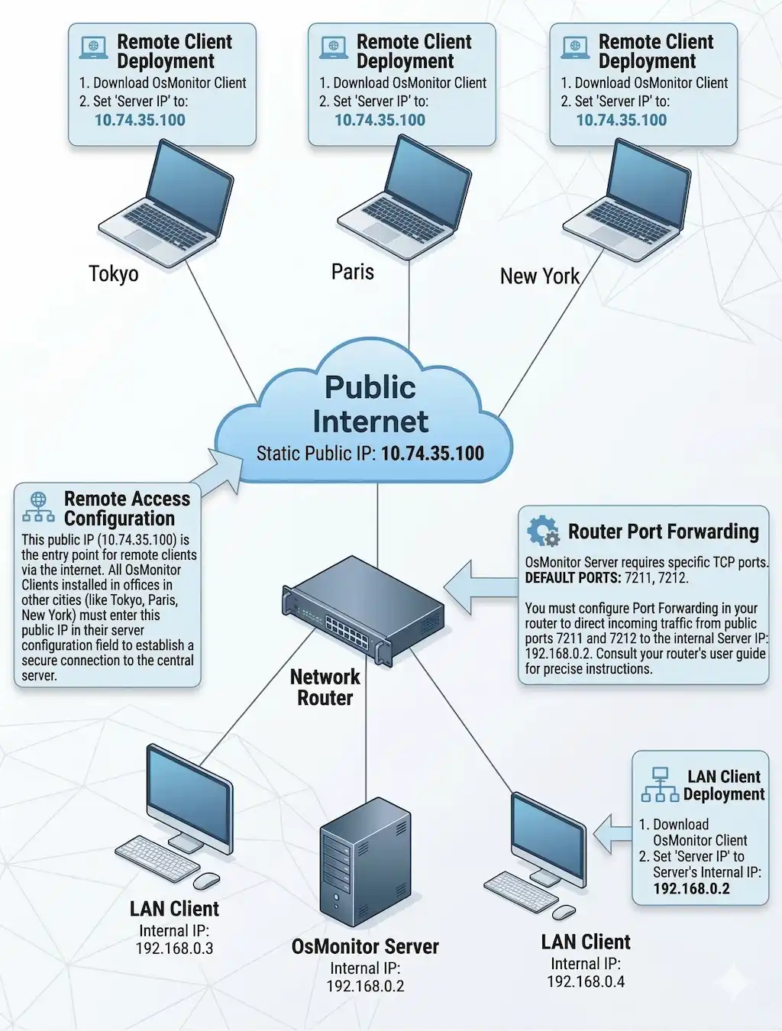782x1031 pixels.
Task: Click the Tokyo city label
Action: coord(114,273)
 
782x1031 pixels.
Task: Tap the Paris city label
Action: coord(353,272)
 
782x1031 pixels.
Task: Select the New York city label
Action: coord(539,276)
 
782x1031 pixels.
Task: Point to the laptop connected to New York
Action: coord(631,199)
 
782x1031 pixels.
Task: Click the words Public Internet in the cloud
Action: coord(370,404)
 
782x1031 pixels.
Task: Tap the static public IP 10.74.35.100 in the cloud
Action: coord(432,454)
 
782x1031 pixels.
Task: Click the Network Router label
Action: coord(325,687)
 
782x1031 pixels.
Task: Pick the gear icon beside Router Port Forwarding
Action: coord(543,531)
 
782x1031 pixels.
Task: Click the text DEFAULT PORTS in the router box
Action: coord(573,578)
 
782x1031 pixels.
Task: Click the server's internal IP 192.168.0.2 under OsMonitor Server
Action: coord(365,986)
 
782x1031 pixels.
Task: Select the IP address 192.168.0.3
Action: coord(174,949)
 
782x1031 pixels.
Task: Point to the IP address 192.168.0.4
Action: coord(586,982)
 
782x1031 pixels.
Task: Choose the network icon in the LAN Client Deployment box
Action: coord(659,785)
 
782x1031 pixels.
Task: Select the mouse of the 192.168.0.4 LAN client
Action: coord(564,912)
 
